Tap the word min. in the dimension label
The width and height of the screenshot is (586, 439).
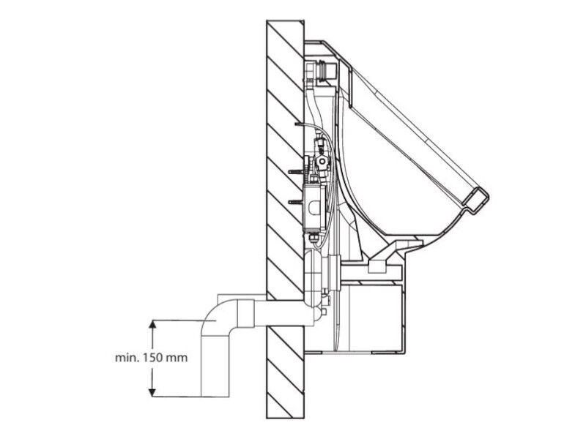(127, 358)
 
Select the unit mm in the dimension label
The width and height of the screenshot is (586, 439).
(176, 359)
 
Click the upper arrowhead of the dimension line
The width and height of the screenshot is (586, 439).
(152, 324)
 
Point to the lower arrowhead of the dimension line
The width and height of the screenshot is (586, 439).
(152, 392)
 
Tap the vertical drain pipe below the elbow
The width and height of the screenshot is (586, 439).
(215, 367)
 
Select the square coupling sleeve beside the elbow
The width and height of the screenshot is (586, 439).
(245, 314)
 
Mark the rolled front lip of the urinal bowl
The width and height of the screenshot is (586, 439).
(476, 202)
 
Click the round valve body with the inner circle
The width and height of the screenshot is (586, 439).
(321, 161)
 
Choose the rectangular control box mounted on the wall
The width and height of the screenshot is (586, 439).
(314, 207)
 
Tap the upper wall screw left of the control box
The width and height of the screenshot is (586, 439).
(297, 172)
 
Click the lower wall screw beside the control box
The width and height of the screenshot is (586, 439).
(297, 202)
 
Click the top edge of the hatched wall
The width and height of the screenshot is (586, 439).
(285, 20)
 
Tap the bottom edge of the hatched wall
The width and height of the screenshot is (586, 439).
(285, 418)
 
